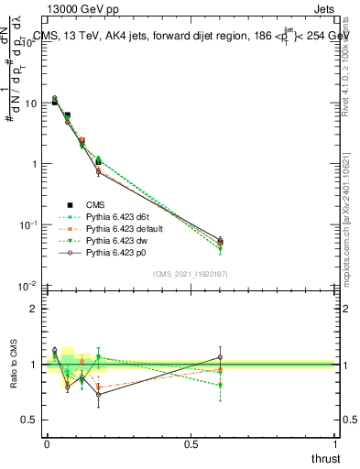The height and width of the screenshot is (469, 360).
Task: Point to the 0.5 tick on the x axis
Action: click(x=191, y=444)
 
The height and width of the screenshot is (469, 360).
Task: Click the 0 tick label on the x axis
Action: click(x=47, y=444)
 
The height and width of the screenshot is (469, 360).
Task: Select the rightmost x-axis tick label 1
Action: click(x=335, y=444)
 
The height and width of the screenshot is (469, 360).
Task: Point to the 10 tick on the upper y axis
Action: click(x=29, y=104)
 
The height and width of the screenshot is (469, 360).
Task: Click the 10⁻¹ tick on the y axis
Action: click(x=27, y=224)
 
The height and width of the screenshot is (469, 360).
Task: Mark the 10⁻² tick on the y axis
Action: click(x=27, y=286)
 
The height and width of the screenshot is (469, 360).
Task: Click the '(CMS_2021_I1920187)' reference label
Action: click(x=191, y=274)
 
